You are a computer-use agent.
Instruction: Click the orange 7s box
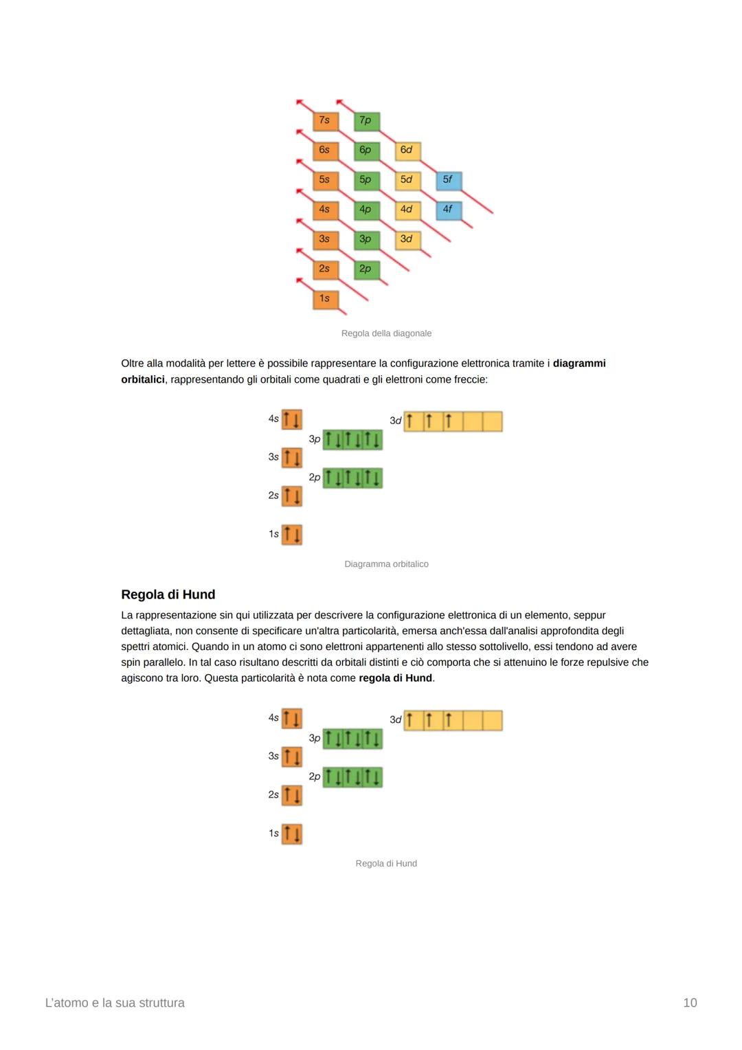coord(324,120)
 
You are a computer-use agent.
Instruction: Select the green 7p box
coord(366,120)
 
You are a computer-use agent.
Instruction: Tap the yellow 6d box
coord(407,150)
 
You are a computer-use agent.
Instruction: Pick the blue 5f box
coord(448,179)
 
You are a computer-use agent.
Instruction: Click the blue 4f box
coord(448,209)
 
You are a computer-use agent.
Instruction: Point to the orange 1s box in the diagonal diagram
coord(324,298)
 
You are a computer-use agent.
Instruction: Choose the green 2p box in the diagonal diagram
coord(366,269)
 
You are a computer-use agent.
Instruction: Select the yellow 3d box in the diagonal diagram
coord(407,239)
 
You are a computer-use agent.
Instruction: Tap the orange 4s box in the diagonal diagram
coord(324,209)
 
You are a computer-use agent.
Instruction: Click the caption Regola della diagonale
coord(386,333)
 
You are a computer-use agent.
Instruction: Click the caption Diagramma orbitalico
coord(386,564)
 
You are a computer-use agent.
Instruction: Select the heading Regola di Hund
coord(168,594)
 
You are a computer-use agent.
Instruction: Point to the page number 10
coord(690,1003)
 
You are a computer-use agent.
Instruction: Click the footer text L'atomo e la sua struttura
coord(115,1003)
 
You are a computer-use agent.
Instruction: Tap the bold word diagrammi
coord(579,364)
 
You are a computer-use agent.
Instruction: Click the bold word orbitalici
coord(142,379)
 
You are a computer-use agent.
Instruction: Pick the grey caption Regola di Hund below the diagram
coord(386,864)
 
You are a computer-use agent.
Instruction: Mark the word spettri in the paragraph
coord(137,647)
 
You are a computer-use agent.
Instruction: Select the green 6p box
coord(366,150)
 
